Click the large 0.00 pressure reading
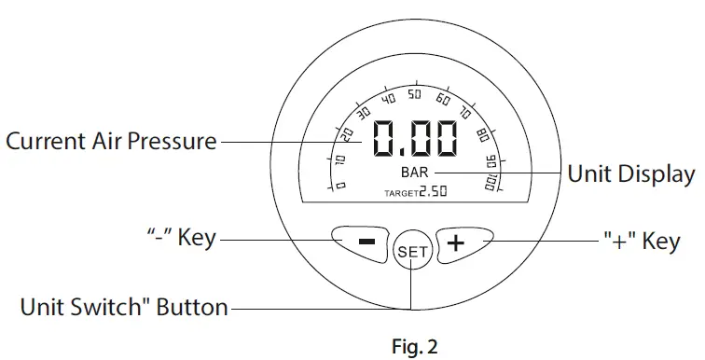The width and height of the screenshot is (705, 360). [x=415, y=141]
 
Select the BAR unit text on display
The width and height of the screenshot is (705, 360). [x=415, y=173]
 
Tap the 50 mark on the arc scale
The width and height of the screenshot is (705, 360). [x=415, y=96]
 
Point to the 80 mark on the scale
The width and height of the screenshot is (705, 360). [x=481, y=136]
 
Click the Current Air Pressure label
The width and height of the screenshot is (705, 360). [x=111, y=142]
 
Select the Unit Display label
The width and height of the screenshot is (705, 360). [x=631, y=173]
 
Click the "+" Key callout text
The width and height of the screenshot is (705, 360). [x=640, y=242]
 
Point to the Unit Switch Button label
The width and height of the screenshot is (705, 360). [x=124, y=306]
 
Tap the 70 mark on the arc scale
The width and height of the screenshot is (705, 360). [x=465, y=115]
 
